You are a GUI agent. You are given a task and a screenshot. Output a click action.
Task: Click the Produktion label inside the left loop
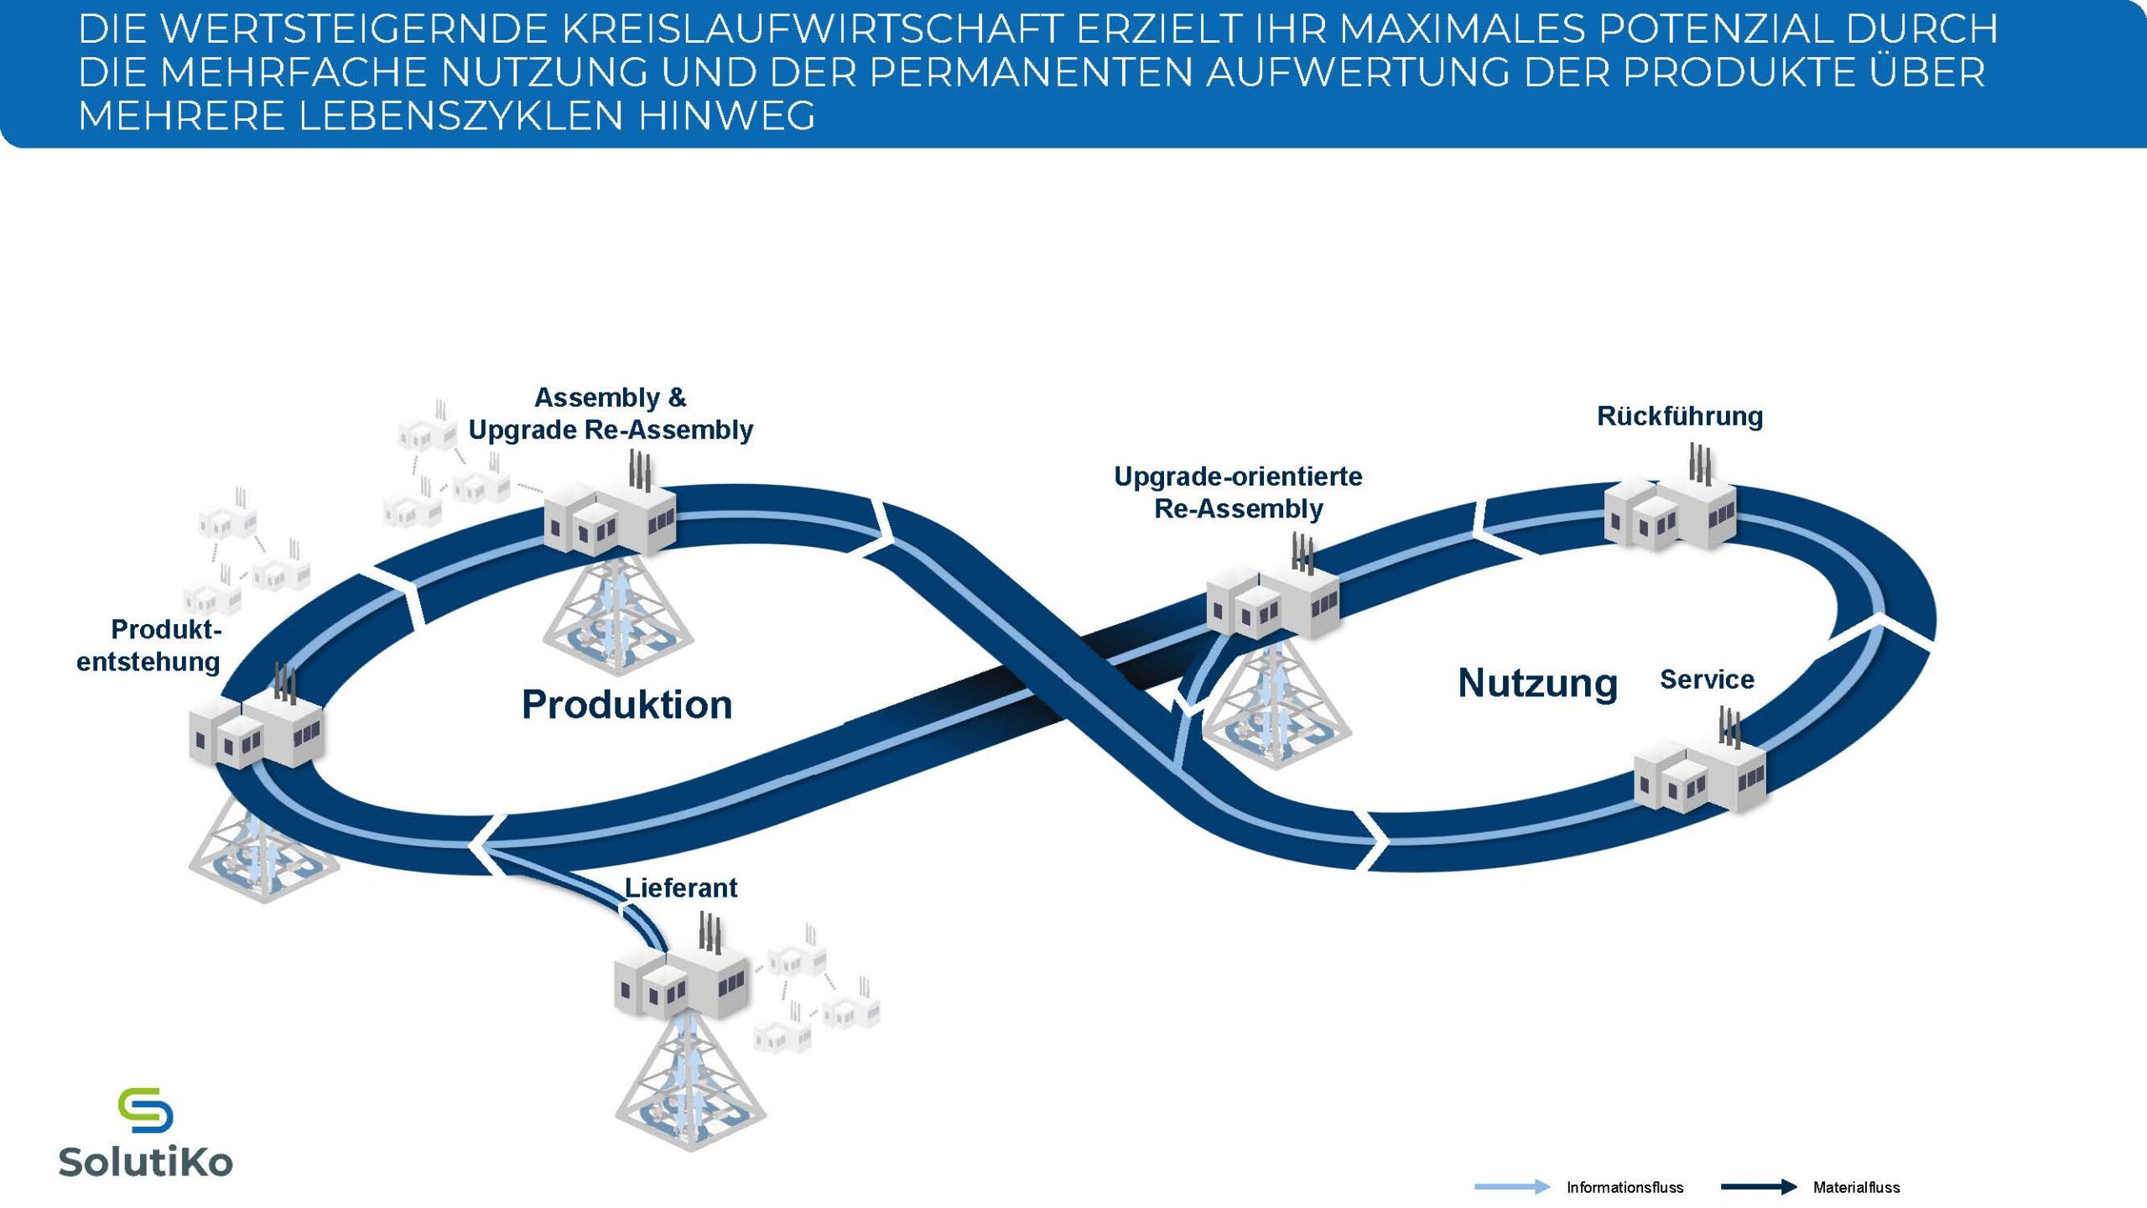point(626,705)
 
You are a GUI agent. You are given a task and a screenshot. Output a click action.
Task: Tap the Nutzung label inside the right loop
point(1537,683)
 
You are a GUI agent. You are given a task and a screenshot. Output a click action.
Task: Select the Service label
point(1707,679)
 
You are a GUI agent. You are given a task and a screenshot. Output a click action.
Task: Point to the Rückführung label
point(1679,416)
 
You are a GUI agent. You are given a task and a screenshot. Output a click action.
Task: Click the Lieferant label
point(681,888)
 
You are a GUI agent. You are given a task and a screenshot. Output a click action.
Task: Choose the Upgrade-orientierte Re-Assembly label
point(1238,492)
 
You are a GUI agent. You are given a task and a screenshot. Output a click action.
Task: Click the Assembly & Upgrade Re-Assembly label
point(611,414)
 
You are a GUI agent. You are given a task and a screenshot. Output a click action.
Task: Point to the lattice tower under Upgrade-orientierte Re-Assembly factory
point(1275,705)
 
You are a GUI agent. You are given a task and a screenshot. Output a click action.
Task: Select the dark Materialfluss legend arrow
point(1758,1187)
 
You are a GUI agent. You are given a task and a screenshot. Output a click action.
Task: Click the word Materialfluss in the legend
point(1856,1187)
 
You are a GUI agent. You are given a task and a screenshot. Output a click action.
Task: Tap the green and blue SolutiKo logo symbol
point(145,1110)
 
